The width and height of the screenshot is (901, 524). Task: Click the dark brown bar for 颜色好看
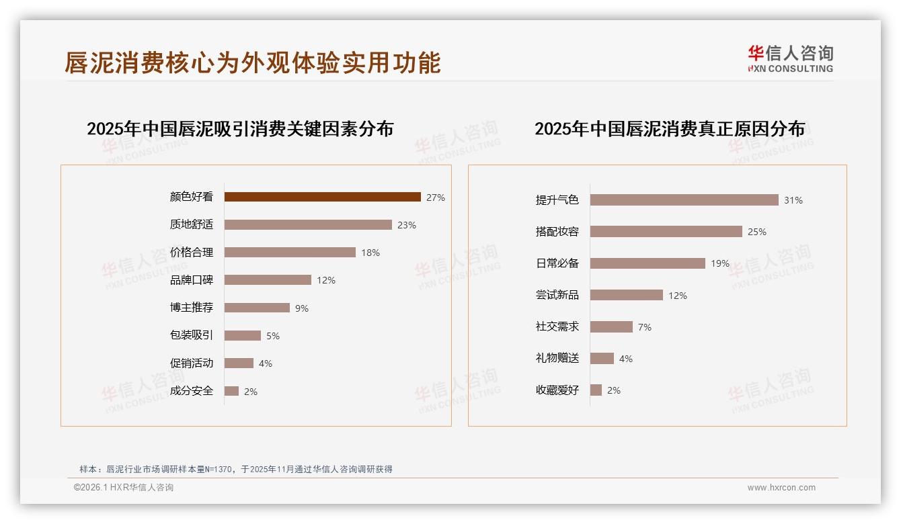(x=322, y=197)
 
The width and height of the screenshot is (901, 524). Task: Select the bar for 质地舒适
(x=308, y=224)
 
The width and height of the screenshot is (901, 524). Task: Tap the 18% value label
(x=370, y=253)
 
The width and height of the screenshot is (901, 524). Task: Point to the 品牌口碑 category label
(x=192, y=280)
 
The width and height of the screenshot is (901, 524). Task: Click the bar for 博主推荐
(x=257, y=308)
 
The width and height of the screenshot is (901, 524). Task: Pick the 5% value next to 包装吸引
(x=272, y=336)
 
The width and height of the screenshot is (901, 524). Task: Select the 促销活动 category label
(x=192, y=363)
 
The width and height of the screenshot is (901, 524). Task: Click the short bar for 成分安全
(x=231, y=391)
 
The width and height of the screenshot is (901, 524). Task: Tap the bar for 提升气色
(x=684, y=200)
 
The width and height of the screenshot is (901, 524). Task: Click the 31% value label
(x=793, y=200)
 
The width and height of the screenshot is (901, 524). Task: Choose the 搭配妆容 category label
(x=557, y=231)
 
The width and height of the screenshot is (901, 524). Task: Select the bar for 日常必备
(x=648, y=263)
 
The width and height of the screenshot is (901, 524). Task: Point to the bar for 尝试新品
(x=626, y=295)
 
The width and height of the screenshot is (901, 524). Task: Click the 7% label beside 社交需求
(x=644, y=327)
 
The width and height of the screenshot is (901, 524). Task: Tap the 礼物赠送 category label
(x=557, y=358)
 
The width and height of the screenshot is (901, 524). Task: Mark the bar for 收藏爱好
(x=596, y=390)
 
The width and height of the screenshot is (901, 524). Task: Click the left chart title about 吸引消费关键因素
(x=240, y=128)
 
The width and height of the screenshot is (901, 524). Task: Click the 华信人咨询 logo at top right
(x=790, y=58)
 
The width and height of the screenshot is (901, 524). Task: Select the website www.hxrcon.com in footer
(x=781, y=488)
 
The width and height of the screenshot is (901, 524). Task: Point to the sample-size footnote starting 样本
(x=236, y=469)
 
